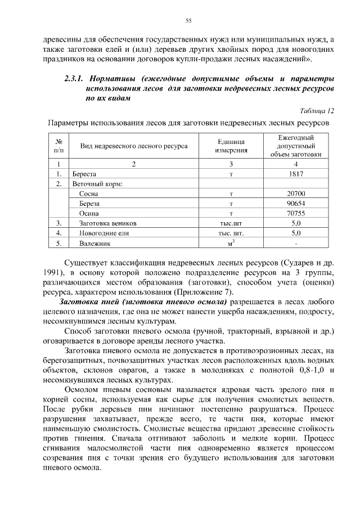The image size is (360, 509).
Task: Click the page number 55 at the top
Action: point(188,21)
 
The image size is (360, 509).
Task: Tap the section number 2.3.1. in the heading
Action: point(76,78)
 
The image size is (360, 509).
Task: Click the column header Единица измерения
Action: point(231,145)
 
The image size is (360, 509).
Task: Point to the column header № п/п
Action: point(58,145)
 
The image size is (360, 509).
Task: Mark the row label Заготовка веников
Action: point(103,223)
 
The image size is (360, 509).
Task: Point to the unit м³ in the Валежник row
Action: point(231,242)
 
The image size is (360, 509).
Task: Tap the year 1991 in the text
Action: point(52,273)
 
